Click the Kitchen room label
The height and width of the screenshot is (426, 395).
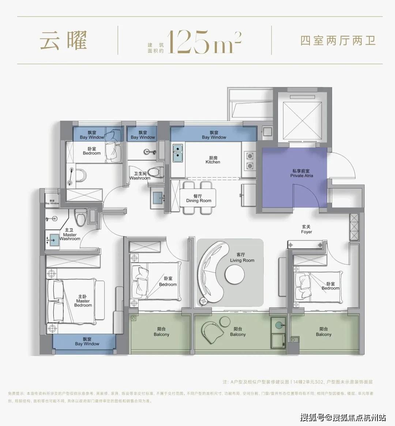tap(212, 160)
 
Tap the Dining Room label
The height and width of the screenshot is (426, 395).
tap(199, 198)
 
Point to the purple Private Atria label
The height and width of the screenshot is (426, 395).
tap(302, 173)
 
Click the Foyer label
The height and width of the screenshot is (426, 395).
tap(306, 229)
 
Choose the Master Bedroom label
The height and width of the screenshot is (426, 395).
tap(83, 301)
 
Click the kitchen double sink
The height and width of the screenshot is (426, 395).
tap(178, 153)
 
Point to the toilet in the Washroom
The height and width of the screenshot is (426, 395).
tap(158, 172)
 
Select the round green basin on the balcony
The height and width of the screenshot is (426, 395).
tap(280, 324)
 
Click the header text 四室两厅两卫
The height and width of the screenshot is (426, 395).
tap(338, 40)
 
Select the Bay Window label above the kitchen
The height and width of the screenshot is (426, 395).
tap(214, 135)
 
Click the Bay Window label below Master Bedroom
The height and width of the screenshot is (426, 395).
tap(87, 341)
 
